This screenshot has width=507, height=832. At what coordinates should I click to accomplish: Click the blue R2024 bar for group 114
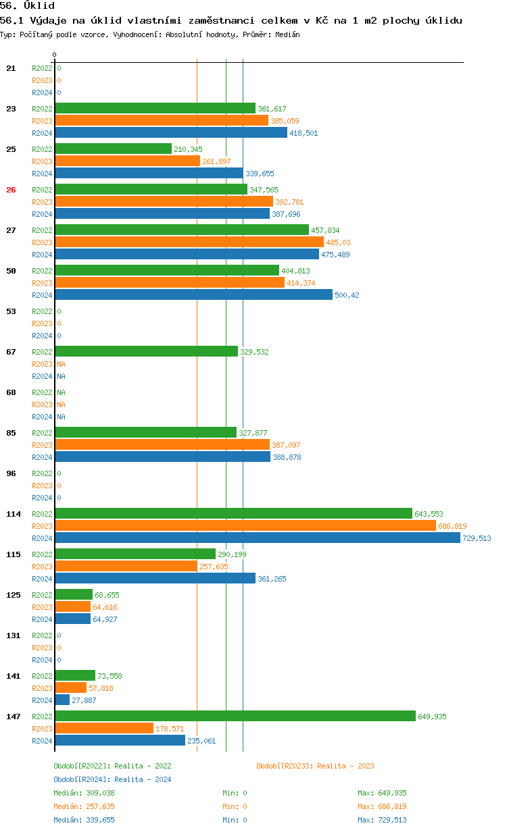(257, 538)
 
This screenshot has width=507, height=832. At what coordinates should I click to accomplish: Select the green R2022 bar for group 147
(235, 717)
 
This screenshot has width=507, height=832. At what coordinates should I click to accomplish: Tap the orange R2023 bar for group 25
(127, 161)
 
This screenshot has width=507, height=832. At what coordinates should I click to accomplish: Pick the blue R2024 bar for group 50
(193, 295)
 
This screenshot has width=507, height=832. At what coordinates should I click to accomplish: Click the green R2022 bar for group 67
(146, 352)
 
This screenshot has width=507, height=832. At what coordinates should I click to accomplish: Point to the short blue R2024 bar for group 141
(62, 700)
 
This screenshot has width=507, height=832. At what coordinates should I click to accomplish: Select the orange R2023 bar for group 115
(126, 567)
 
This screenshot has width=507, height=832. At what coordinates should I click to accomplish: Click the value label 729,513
(477, 538)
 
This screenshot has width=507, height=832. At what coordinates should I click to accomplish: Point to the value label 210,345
(188, 149)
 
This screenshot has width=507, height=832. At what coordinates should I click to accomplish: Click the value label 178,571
(170, 729)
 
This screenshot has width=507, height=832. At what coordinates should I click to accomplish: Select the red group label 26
(11, 190)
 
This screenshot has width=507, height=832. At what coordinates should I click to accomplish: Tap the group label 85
(11, 433)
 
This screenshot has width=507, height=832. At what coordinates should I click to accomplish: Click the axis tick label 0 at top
(55, 55)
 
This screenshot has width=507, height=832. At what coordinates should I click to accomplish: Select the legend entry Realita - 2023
(315, 766)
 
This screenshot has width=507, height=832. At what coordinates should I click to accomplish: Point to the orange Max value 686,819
(382, 806)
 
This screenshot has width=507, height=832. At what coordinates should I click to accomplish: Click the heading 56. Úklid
(28, 5)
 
